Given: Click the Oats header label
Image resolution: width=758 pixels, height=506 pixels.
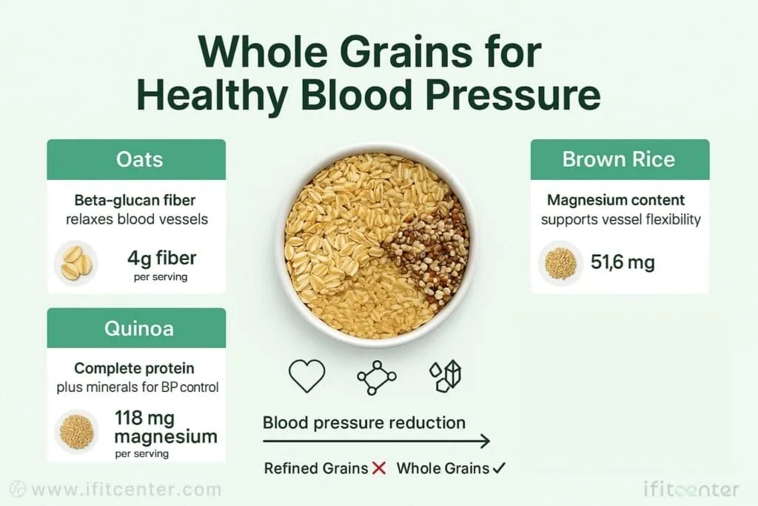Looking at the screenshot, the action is pos(139,159).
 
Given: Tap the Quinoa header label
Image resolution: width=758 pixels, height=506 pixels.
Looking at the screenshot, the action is pos(138,328).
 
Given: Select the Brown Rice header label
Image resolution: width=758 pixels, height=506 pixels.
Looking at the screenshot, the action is pos(619,159).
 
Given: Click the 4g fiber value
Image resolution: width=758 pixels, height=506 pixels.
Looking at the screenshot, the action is pos(162,259).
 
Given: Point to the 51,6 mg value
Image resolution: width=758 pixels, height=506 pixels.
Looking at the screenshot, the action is pos(623,263).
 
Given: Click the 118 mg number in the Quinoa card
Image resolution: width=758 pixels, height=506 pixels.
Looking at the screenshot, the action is pos(144,418).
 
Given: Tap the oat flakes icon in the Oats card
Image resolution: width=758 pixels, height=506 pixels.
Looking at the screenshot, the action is pos(76,263).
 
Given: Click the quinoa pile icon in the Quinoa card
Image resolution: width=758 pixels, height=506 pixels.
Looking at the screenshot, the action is pos(76,431).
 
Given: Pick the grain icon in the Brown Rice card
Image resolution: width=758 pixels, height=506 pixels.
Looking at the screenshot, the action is pos(561,263).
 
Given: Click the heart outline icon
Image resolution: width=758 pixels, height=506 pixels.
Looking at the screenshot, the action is pos(306,376).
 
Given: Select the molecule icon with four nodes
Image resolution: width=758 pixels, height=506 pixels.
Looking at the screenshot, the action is pos(377,377).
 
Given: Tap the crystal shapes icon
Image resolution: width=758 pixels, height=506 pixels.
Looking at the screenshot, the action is pos(445,376).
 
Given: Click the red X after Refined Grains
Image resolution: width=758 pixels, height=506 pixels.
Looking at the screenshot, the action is pos(380,467).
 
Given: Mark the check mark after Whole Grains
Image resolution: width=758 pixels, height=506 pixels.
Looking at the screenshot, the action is pos(499,467).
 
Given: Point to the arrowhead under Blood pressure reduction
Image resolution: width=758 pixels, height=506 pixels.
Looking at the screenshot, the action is pos(485,442).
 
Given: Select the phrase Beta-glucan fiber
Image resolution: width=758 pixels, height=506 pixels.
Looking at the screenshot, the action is pos(135,200).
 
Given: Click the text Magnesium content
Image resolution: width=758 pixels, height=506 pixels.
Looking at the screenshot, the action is pos(615,200).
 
